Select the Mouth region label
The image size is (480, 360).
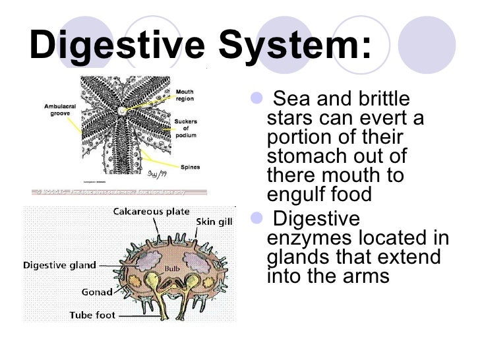(x=185, y=96)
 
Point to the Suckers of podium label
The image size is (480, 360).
(x=185, y=129)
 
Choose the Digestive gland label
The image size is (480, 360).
(x=59, y=266)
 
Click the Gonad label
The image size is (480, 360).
(x=97, y=291)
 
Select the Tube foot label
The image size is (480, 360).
(x=93, y=315)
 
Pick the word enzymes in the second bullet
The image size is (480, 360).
(x=313, y=238)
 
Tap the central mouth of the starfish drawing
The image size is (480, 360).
(x=121, y=112)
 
